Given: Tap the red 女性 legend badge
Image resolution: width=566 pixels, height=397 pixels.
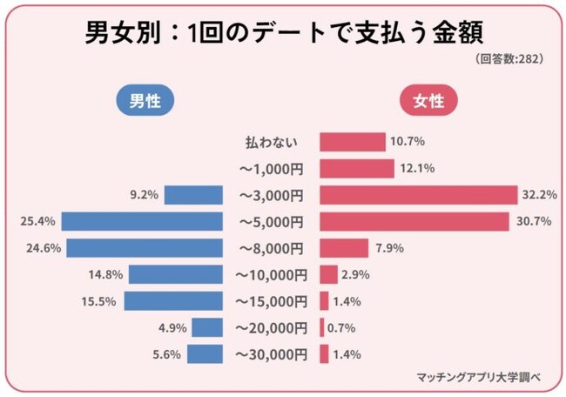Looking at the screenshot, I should (429, 101).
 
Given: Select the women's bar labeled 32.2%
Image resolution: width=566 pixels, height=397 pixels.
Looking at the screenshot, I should (414, 195).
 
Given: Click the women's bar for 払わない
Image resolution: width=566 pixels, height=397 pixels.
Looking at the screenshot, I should (353, 142).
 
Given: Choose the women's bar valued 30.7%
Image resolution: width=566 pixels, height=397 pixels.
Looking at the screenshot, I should (414, 221).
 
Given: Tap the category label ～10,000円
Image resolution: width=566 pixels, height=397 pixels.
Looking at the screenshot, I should (272, 275).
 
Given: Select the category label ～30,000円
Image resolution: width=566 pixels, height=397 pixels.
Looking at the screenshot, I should (272, 354).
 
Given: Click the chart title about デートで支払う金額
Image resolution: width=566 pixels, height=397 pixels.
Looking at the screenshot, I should (284, 33).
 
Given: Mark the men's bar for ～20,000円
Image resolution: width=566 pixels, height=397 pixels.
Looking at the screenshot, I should (207, 328).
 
